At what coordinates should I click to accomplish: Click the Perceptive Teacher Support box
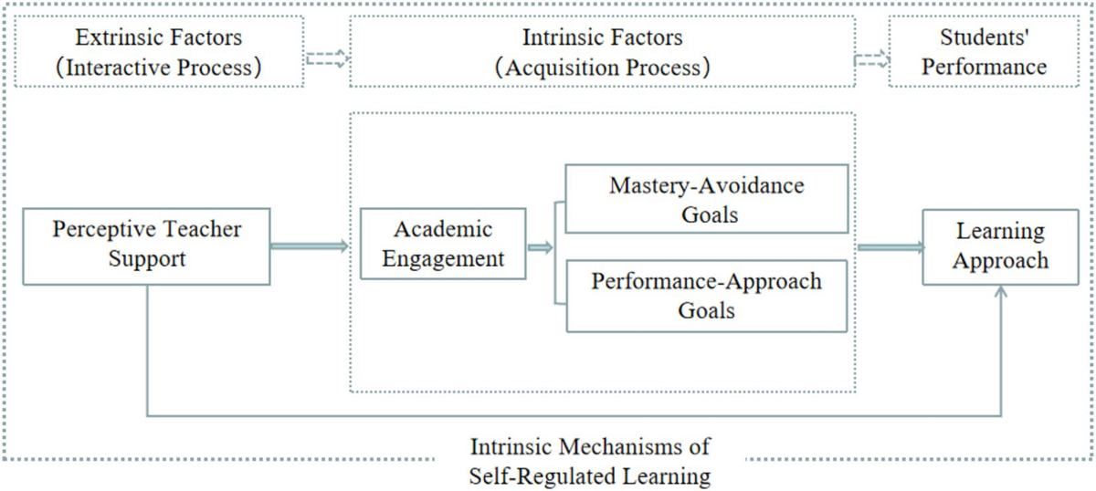[x=146, y=244]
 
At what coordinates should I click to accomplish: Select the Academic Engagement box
[x=443, y=244]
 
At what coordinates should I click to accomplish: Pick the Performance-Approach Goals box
[x=706, y=295]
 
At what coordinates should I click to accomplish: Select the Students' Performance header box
[x=992, y=53]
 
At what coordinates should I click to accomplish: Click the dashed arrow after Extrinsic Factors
[x=327, y=58]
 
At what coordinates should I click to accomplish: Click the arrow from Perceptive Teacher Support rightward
[x=310, y=245]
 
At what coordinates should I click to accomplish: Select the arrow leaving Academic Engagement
[x=540, y=245]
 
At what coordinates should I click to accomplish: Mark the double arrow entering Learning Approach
[x=890, y=245]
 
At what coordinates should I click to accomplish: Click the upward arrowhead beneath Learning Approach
[x=1002, y=292]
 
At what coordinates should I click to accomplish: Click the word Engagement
[x=443, y=258]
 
